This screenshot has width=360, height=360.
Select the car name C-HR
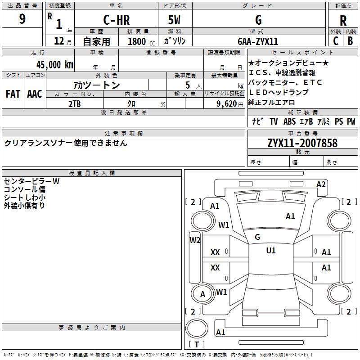point(116,20)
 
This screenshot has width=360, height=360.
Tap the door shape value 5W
point(175,20)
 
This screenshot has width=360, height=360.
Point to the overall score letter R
point(343,21)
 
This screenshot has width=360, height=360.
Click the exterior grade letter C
point(336,40)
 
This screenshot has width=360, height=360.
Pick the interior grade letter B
point(351,40)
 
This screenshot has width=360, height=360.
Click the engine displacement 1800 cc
point(139,41)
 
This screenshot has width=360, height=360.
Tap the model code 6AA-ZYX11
point(258,41)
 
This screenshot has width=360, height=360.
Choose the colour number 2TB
point(74,103)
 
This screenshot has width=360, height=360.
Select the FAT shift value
point(13,94)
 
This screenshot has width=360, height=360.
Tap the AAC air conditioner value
point(35,94)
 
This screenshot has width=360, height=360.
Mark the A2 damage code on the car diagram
point(321,184)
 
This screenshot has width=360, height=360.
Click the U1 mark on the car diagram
point(270,251)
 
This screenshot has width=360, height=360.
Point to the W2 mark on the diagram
point(194,240)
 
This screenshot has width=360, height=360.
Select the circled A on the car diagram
point(202,294)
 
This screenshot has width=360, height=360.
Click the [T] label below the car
point(196,344)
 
